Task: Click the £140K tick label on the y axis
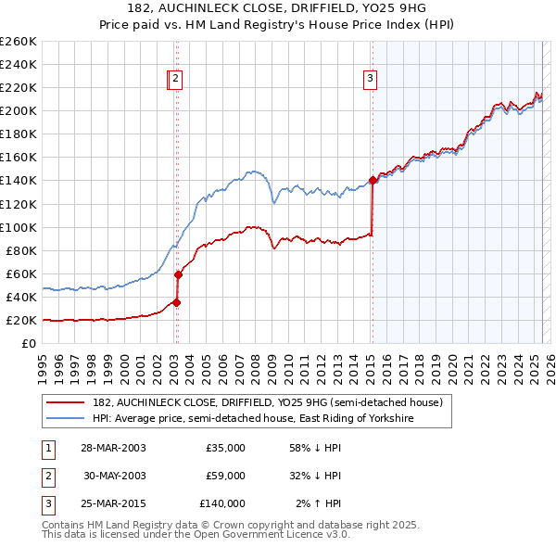(x=19, y=180)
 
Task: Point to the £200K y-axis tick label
(x=19, y=110)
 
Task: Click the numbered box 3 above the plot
(x=370, y=80)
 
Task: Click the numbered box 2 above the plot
(x=175, y=80)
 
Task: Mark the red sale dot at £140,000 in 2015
(x=373, y=180)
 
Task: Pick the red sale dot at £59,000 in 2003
(x=178, y=274)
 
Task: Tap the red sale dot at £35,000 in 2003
(x=176, y=302)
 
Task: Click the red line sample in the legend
(x=66, y=402)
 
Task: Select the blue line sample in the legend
(x=66, y=419)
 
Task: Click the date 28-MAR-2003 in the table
(x=113, y=448)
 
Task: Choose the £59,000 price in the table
(x=226, y=476)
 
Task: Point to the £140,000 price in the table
(x=222, y=503)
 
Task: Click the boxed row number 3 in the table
(x=44, y=503)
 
